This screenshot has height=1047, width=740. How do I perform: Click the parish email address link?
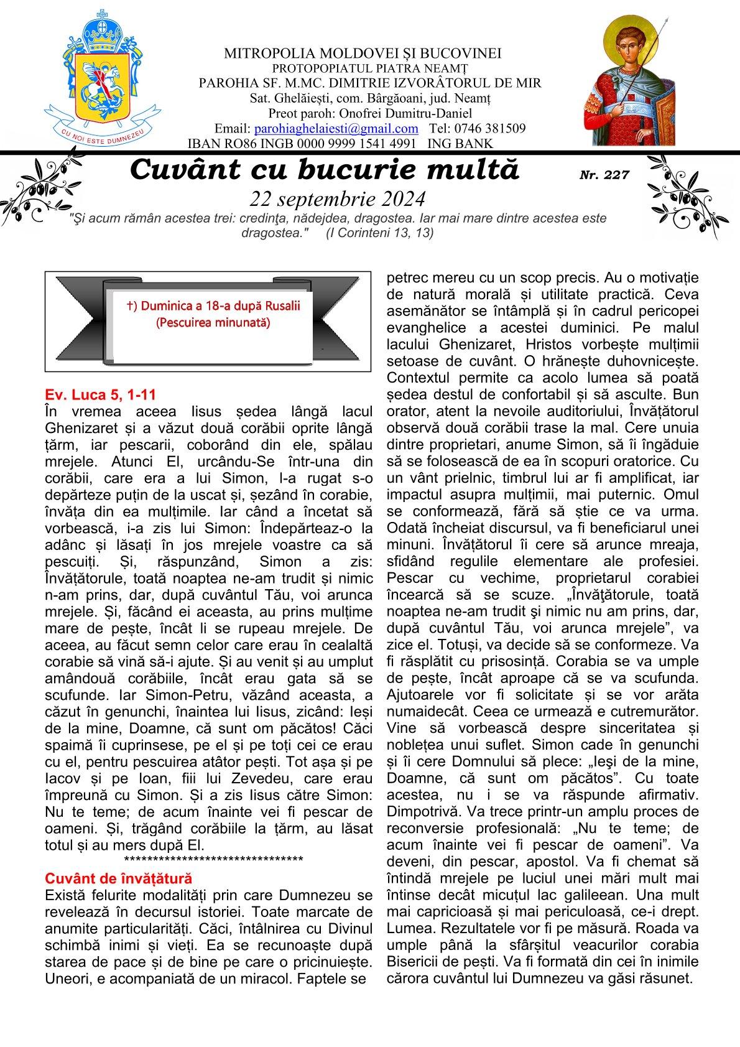(x=336, y=129)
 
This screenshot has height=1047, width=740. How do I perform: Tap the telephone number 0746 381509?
(x=495, y=129)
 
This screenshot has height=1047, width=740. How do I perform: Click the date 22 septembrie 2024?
(x=338, y=198)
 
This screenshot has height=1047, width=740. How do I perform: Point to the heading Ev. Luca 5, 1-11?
(x=101, y=394)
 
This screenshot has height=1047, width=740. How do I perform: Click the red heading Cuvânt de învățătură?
(x=119, y=878)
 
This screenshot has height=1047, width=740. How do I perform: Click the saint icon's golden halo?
(x=632, y=31)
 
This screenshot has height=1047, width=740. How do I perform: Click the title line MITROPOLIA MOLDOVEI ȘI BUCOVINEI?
(x=363, y=54)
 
